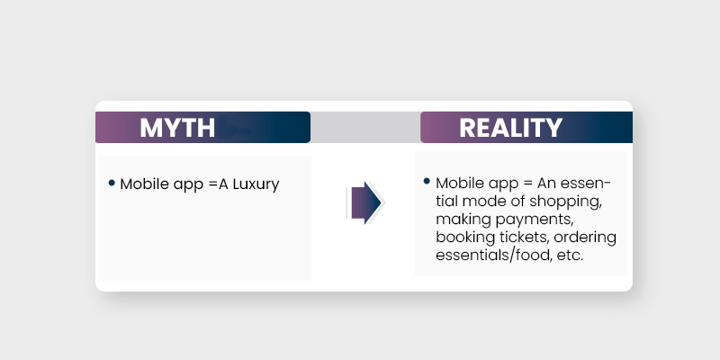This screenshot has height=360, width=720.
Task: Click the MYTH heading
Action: pyautogui.click(x=177, y=128)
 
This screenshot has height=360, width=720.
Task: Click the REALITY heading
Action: pyautogui.click(x=511, y=128)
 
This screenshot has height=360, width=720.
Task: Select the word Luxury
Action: pyautogui.click(x=256, y=184)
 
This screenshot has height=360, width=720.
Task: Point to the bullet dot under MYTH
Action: pyautogui.click(x=112, y=183)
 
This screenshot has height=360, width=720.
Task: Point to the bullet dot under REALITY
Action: pyautogui.click(x=427, y=182)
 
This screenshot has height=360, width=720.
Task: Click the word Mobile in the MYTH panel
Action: pyautogui.click(x=142, y=184)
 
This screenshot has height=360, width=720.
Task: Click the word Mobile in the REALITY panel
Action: pyautogui.click(x=459, y=183)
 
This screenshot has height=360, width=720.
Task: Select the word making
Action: pyautogui.click(x=462, y=219)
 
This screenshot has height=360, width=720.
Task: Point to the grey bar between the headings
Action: pyautogui.click(x=364, y=128)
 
